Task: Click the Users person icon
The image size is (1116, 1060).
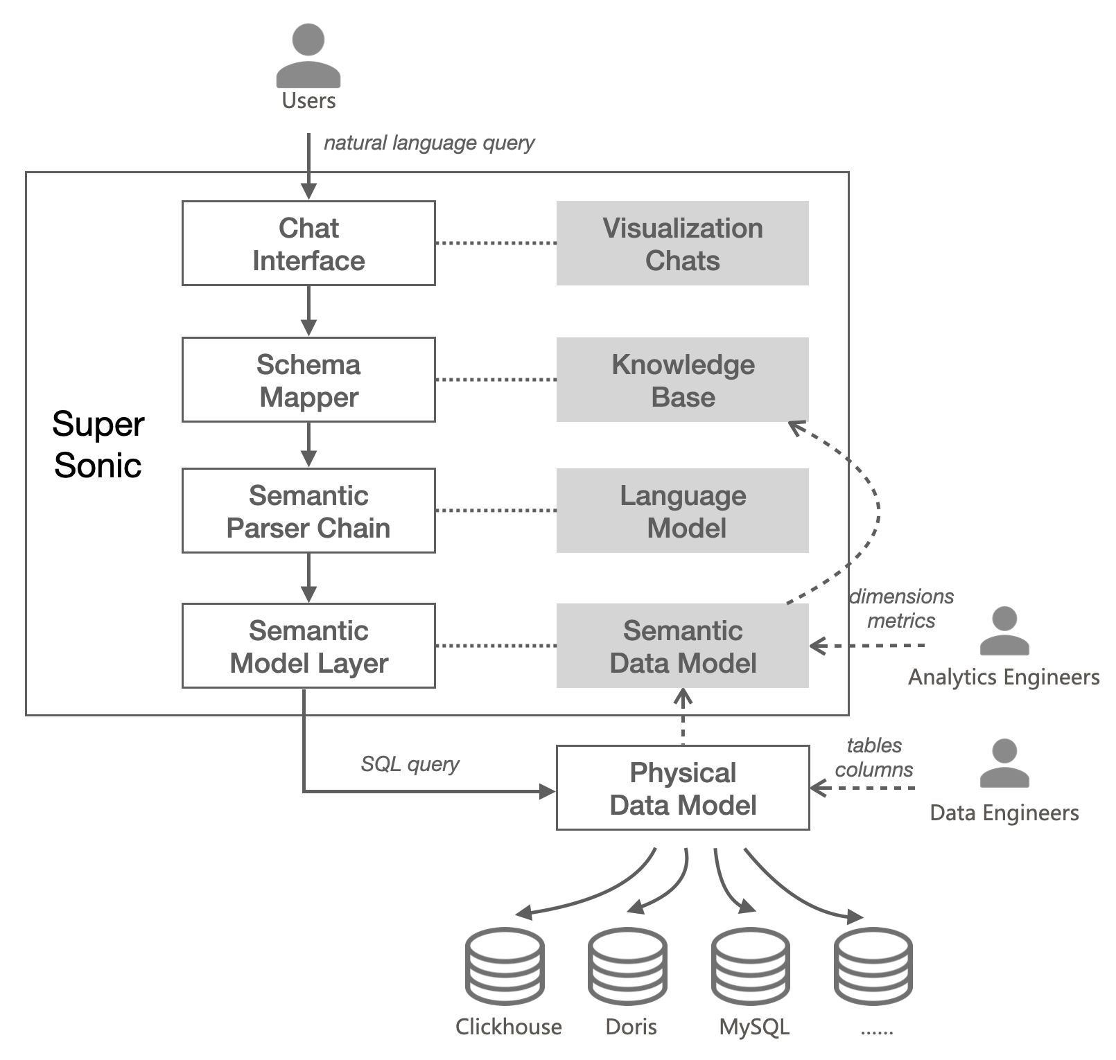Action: (x=308, y=55)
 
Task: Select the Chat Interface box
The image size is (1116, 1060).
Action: (x=308, y=243)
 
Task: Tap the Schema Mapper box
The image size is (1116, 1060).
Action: (x=308, y=380)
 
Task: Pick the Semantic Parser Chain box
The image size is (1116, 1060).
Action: (x=308, y=511)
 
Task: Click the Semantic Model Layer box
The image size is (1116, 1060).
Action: (x=308, y=646)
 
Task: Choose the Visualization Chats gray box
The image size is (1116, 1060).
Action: (x=682, y=243)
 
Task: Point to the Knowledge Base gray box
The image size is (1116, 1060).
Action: (x=682, y=380)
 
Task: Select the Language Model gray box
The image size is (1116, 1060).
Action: (x=682, y=511)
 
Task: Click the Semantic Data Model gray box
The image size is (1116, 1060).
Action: (x=682, y=646)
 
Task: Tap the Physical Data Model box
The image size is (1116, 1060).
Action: (x=683, y=788)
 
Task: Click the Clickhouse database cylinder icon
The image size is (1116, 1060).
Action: (x=505, y=966)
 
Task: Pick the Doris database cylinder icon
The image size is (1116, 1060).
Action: (x=627, y=966)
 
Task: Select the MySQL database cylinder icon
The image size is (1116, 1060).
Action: (x=751, y=966)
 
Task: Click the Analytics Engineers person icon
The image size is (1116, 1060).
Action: (x=1004, y=631)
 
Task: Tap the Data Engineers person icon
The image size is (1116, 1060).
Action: (x=1004, y=763)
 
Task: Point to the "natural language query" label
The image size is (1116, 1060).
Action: (x=429, y=143)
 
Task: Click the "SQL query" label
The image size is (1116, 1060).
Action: (x=410, y=764)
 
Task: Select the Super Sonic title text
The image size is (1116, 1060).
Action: (x=98, y=444)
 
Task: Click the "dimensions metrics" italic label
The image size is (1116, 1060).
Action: (x=901, y=608)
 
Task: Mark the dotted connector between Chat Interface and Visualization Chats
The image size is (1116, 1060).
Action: (x=496, y=243)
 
